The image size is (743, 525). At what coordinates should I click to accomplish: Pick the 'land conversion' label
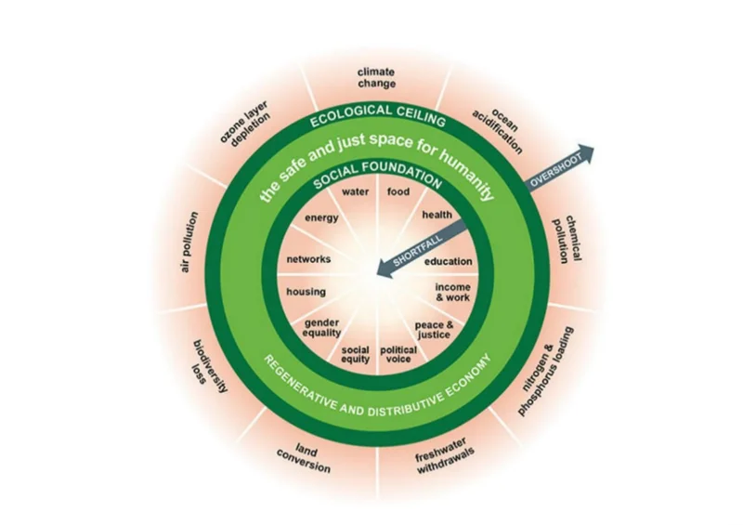(305, 454)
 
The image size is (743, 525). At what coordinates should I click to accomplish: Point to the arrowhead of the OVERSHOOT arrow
(589, 151)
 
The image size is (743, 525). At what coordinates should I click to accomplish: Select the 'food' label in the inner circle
(398, 192)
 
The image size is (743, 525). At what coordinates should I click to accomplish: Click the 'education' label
(449, 262)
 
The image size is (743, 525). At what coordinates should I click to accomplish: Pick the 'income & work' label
(452, 293)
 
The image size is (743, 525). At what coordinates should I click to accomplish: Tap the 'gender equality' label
(323, 328)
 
